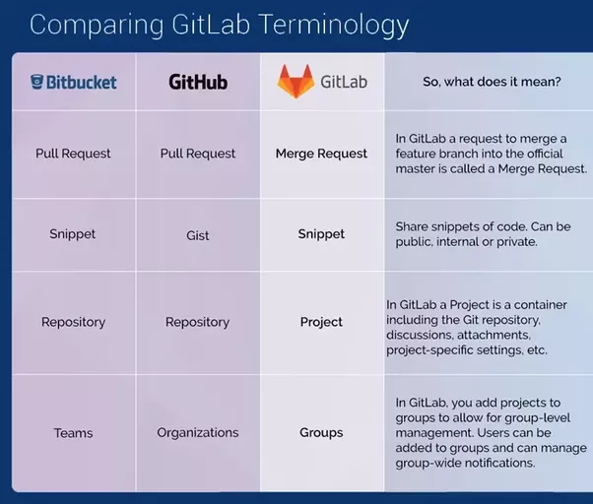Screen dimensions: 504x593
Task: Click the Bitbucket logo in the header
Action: [x=73, y=82]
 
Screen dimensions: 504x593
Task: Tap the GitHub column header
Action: [x=198, y=82]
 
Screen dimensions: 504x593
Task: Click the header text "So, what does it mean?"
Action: [x=492, y=82]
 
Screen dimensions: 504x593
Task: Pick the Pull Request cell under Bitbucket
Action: [x=73, y=154]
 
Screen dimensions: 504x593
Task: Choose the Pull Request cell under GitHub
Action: [x=198, y=154]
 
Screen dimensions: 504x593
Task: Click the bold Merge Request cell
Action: [x=321, y=154]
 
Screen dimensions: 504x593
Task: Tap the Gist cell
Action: [x=198, y=235]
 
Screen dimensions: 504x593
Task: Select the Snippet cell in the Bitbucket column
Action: [x=73, y=234]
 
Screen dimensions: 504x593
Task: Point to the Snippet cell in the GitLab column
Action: [x=321, y=234]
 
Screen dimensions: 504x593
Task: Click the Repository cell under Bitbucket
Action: [x=73, y=322]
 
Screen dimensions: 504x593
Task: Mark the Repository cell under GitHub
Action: [x=198, y=322]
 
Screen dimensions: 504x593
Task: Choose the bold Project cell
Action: [x=321, y=322]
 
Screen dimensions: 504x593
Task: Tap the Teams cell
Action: [x=73, y=432]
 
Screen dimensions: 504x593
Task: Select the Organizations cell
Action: [x=198, y=432]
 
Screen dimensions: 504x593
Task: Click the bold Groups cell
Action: [x=321, y=432]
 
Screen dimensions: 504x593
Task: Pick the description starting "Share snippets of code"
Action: [x=483, y=234]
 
